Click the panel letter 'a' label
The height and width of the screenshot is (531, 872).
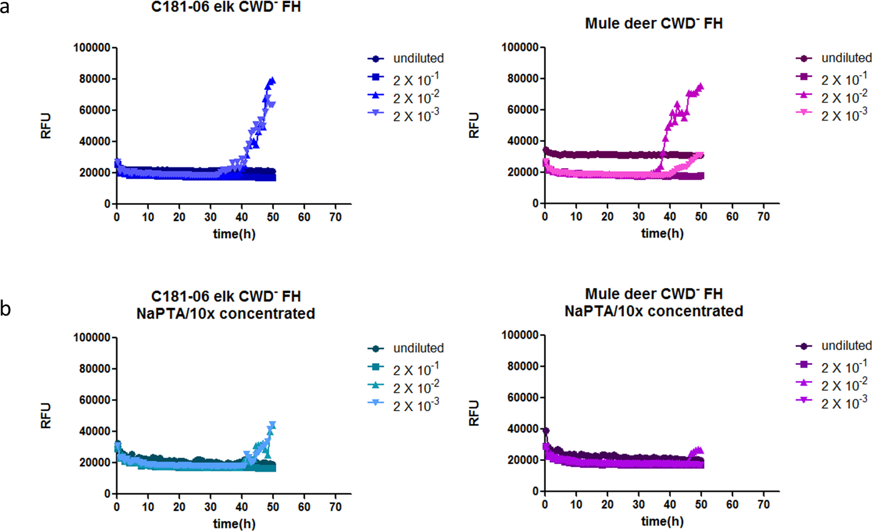[x=8, y=9]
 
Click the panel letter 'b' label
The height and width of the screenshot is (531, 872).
[x=8, y=308]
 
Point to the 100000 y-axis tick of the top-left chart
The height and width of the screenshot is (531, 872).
[x=91, y=47]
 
